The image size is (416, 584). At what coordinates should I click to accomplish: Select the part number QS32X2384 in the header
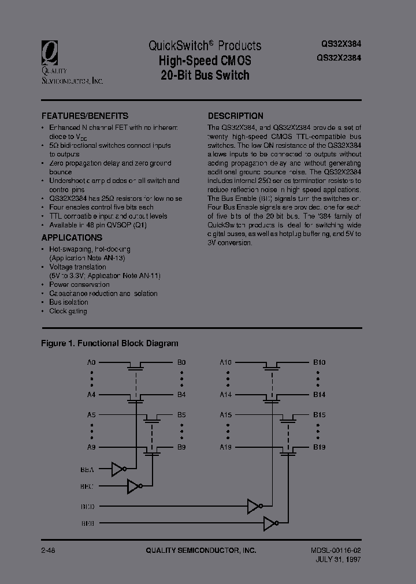coord(339,57)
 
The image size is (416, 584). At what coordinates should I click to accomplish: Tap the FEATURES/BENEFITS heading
coord(85,115)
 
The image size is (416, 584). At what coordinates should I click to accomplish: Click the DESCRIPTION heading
coord(235,115)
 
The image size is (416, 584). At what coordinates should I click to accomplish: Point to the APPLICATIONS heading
coord(72,237)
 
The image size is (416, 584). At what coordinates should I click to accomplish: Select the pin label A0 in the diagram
coord(91,362)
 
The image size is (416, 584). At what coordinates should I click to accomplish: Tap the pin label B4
coord(181,395)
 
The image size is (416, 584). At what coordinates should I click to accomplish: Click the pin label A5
coord(91,415)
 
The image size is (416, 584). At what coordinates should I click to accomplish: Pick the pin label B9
coord(181,447)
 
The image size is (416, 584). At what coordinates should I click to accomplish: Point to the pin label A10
coord(225,362)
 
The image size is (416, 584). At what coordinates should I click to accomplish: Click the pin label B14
coord(320,395)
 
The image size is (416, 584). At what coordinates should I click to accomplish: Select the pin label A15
coord(225,415)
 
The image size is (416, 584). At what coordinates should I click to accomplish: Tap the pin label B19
coord(320,447)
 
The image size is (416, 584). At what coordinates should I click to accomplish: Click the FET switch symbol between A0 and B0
coord(136,365)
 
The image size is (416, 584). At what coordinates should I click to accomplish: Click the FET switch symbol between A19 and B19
coord(287,450)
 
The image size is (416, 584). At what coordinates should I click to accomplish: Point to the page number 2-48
coord(49,551)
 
